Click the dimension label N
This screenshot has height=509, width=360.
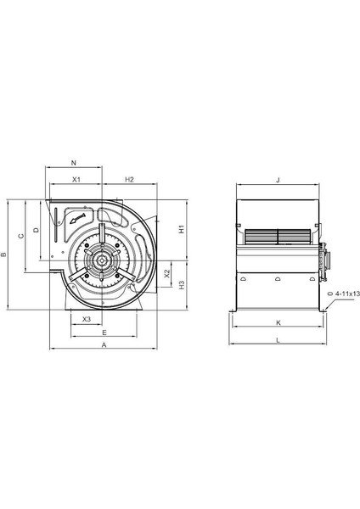click(x=74, y=163)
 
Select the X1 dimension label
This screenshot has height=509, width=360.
click(x=76, y=180)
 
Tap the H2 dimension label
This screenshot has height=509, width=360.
click(x=129, y=180)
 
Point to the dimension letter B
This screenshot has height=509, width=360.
click(x=3, y=255)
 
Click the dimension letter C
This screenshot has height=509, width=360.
click(x=21, y=236)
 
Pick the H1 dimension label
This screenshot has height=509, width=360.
click(x=182, y=229)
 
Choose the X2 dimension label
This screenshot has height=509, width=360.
click(x=167, y=274)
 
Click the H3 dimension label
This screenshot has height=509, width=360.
click(x=182, y=285)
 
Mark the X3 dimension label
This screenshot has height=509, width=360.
click(x=87, y=320)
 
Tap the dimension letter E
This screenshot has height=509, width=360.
click(x=104, y=333)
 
